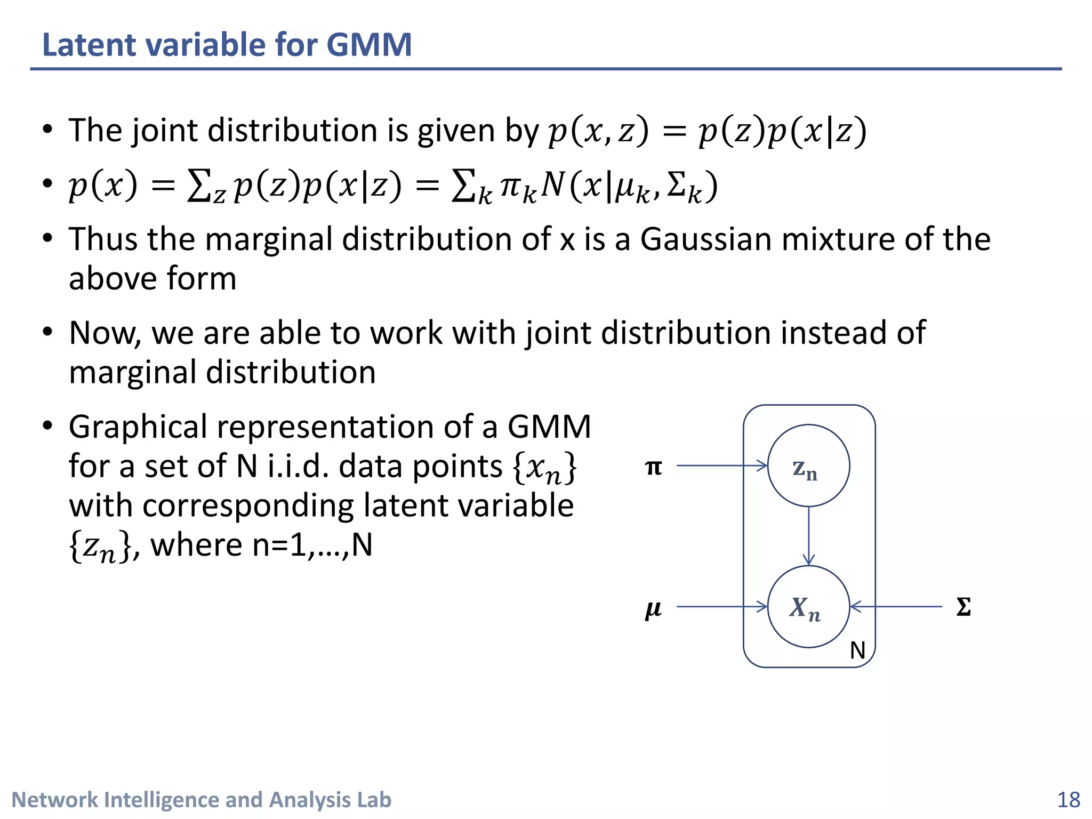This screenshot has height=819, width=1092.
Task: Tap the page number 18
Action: pyautogui.click(x=1068, y=800)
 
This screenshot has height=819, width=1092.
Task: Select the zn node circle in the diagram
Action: pyautogui.click(x=808, y=465)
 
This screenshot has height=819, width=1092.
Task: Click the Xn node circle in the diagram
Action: pyautogui.click(x=808, y=607)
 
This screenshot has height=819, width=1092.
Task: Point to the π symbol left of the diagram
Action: pyautogui.click(x=654, y=467)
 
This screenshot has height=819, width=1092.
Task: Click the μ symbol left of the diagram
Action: pyautogui.click(x=653, y=608)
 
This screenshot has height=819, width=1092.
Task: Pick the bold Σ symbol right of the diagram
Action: pyautogui.click(x=963, y=607)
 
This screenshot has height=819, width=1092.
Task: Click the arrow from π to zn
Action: pyautogui.click(x=722, y=465)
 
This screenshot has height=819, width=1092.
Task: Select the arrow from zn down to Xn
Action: pyautogui.click(x=809, y=535)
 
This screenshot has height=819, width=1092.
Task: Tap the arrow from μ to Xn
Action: pyautogui.click(x=722, y=607)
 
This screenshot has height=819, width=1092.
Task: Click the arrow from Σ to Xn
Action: pyautogui.click(x=896, y=607)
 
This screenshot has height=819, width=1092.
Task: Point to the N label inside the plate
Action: pyautogui.click(x=857, y=651)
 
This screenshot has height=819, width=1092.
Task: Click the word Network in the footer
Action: pyautogui.click(x=54, y=800)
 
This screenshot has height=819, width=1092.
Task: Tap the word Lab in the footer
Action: pyautogui.click(x=374, y=800)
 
